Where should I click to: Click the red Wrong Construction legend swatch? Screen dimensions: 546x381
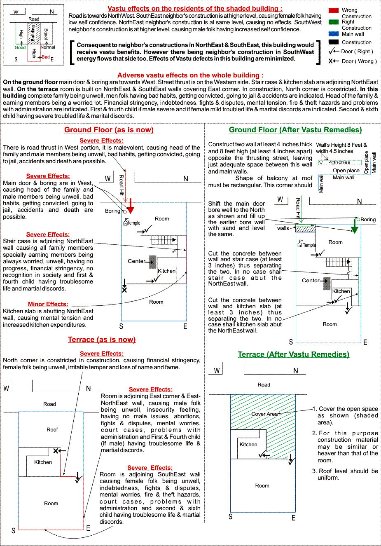pyautogui.click(x=334, y=10)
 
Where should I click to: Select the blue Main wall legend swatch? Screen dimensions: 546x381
pyautogui.click(x=334, y=34)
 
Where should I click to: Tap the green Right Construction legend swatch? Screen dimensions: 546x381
pyautogui.click(x=334, y=22)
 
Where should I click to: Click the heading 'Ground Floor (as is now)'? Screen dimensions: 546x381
pyautogui.click(x=109, y=130)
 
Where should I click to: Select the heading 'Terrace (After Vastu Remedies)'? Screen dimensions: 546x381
pyautogui.click(x=293, y=354)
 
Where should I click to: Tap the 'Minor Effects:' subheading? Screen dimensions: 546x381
pyautogui.click(x=48, y=304)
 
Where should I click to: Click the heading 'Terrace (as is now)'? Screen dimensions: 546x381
pyautogui.click(x=102, y=340)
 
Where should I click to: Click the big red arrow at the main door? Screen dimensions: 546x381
pyautogui.click(x=131, y=206)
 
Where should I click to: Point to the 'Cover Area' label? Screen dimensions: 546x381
pyautogui.click(x=264, y=414)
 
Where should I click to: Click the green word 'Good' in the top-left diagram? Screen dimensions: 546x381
pyautogui.click(x=20, y=47)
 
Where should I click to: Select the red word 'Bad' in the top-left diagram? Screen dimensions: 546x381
pyautogui.click(x=46, y=57)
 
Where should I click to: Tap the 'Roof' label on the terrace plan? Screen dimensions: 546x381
pyautogui.click(x=52, y=430)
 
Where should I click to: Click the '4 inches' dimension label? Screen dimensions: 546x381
pyautogui.click(x=340, y=162)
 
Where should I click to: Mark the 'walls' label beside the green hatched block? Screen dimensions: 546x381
pyautogui.click(x=283, y=228)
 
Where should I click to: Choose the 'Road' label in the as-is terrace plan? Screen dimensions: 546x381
pyautogui.click(x=49, y=404)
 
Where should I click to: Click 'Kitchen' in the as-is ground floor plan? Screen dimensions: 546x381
pyautogui.click(x=167, y=271)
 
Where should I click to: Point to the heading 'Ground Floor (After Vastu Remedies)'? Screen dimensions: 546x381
pyautogui.click(x=295, y=130)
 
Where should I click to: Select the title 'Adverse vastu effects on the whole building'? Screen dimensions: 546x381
pyautogui.click(x=190, y=75)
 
